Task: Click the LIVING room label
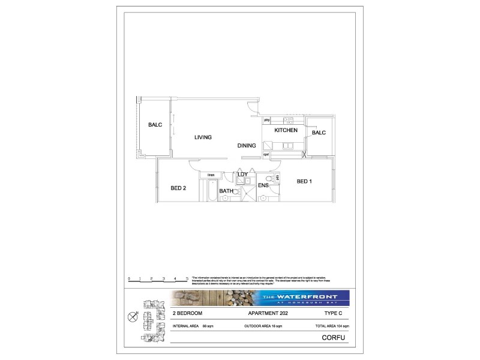[203, 137]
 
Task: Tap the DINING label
[246, 145]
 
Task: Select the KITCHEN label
[286, 130]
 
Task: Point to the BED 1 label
[304, 181]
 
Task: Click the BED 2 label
[178, 188]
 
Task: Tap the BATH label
[226, 191]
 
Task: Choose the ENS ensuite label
[263, 186]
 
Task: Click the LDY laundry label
[242, 175]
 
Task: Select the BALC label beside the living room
[155, 125]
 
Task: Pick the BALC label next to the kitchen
[318, 133]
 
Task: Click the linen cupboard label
[211, 175]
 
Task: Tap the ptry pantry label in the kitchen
[267, 120]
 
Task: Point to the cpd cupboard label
[266, 155]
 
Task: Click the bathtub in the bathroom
[211, 191]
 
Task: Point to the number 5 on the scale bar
[187, 278]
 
